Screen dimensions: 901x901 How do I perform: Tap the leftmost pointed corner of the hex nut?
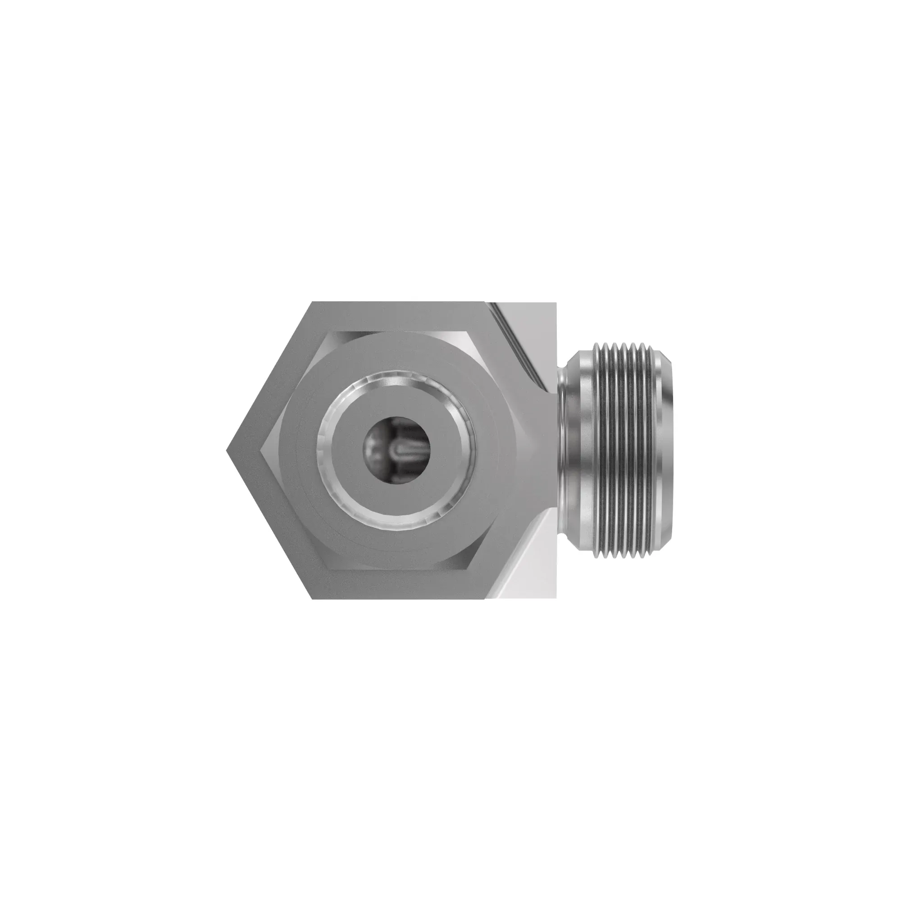(227, 450)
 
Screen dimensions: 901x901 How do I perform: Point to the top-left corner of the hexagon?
(312, 302)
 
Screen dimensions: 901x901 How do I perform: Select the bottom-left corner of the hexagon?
(312, 599)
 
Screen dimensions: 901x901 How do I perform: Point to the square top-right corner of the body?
(556, 303)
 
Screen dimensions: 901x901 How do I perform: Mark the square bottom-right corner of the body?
(556, 598)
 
